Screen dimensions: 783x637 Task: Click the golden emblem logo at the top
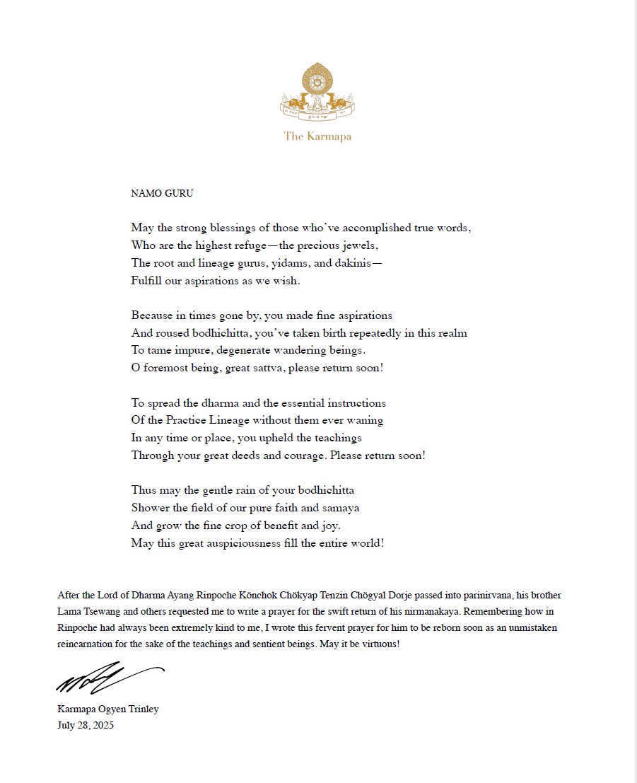tap(317, 91)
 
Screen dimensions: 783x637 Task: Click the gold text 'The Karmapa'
tap(317, 136)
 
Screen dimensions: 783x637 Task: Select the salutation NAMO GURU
tap(162, 193)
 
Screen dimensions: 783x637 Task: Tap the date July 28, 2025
tap(86, 725)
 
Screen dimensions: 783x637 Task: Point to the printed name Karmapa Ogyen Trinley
tap(108, 709)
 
